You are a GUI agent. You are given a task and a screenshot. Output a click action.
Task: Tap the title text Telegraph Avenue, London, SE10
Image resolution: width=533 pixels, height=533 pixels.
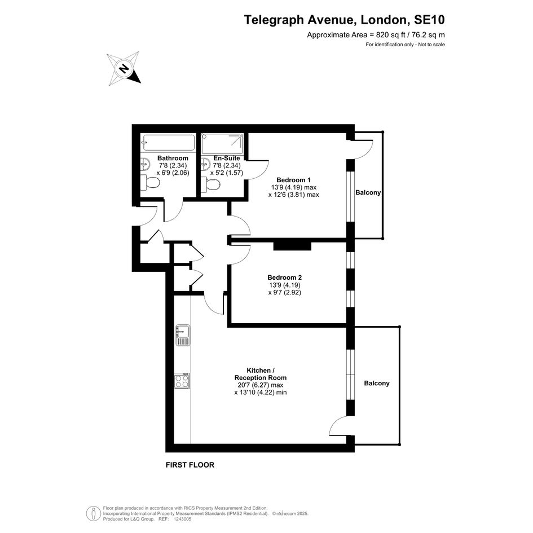[x=345, y=20]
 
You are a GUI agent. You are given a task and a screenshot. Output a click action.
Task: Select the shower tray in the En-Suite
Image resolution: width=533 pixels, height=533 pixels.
[x=222, y=144]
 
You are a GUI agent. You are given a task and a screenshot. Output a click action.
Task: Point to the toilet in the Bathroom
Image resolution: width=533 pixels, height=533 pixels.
[x=150, y=183]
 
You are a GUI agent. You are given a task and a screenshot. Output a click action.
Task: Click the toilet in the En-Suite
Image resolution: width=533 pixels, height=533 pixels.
[x=210, y=185]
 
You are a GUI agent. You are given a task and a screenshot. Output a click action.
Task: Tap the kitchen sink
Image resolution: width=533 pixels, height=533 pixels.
[x=183, y=335]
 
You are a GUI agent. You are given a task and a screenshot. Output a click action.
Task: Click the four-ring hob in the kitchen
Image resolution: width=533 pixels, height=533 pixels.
[x=182, y=381]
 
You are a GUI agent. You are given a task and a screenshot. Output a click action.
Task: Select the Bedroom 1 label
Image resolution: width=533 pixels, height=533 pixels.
[x=294, y=180]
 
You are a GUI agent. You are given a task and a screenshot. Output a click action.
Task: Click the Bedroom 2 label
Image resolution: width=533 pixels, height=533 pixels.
[x=284, y=277]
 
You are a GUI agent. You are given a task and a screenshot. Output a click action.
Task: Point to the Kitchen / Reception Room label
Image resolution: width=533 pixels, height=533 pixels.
[x=261, y=374]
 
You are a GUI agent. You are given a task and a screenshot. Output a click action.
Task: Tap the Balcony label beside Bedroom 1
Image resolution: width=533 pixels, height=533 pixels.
[x=368, y=192]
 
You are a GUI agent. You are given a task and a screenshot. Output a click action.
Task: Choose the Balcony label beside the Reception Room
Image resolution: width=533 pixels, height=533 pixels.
[x=377, y=383]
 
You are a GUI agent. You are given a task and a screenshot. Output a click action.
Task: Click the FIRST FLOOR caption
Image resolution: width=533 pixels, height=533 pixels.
[x=190, y=465]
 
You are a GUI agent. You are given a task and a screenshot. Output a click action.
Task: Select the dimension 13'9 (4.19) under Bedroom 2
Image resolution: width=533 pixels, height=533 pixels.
[x=285, y=285]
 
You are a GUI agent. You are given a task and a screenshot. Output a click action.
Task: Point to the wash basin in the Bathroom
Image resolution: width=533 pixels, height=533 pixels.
[x=145, y=164]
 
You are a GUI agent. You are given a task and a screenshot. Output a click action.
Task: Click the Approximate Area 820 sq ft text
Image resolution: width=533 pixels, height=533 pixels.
[x=376, y=34]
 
